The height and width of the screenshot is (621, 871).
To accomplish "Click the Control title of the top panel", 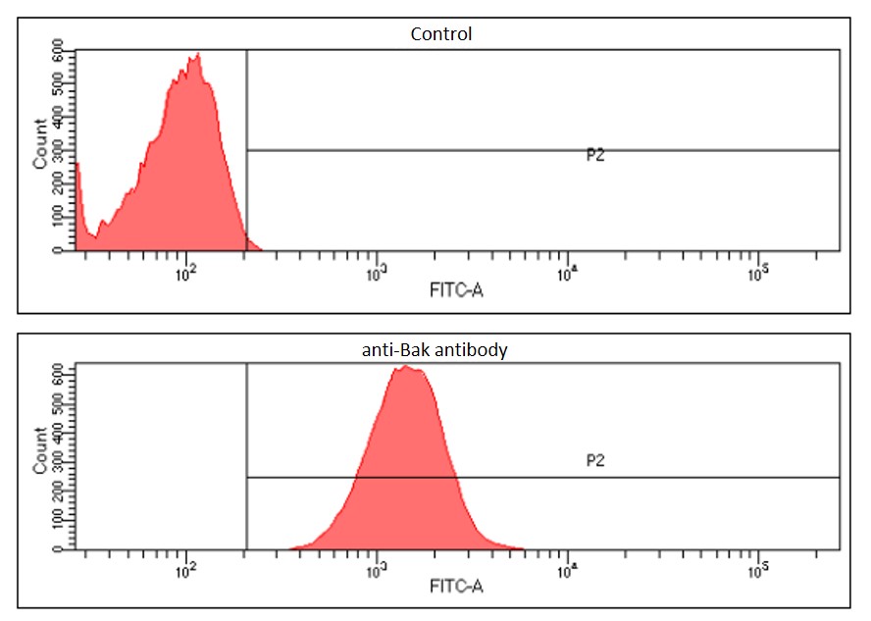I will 440,34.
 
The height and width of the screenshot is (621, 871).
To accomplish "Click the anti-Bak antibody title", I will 435,348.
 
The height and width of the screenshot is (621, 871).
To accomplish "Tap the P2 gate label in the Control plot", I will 594,155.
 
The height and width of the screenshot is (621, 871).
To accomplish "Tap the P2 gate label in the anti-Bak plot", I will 594,459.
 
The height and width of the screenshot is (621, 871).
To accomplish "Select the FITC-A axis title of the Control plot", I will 456,290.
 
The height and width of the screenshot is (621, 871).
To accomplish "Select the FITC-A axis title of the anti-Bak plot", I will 456,588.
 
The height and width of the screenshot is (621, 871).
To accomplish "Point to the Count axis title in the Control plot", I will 40,142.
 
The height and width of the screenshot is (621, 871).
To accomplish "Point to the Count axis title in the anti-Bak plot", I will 40,450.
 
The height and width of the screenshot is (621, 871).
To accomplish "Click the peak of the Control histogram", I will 197,56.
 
